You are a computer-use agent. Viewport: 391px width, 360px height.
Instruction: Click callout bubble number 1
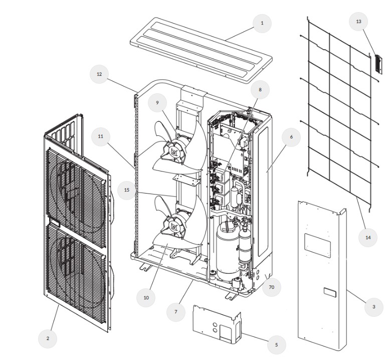click(262, 23)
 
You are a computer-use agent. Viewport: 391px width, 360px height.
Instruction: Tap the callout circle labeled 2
click(48, 338)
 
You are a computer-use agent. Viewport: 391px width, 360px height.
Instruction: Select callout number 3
click(373, 307)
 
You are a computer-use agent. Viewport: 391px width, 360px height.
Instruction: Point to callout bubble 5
click(276, 345)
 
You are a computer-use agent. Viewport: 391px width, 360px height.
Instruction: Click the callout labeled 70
click(272, 287)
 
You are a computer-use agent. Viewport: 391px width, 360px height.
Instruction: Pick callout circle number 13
click(358, 22)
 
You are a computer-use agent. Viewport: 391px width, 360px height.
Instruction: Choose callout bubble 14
click(368, 238)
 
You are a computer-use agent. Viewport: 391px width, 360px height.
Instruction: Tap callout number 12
click(99, 74)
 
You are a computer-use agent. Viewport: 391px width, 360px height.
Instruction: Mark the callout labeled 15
click(127, 190)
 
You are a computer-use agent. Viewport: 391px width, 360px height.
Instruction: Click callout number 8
click(260, 90)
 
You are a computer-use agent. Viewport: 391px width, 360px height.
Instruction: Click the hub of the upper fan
click(173, 151)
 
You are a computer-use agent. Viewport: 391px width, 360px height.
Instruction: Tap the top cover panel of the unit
click(201, 50)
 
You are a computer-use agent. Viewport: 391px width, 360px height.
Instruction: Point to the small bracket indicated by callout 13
click(378, 64)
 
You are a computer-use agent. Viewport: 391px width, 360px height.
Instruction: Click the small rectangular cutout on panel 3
click(330, 292)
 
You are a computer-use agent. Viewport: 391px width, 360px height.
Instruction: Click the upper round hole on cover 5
click(215, 325)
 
